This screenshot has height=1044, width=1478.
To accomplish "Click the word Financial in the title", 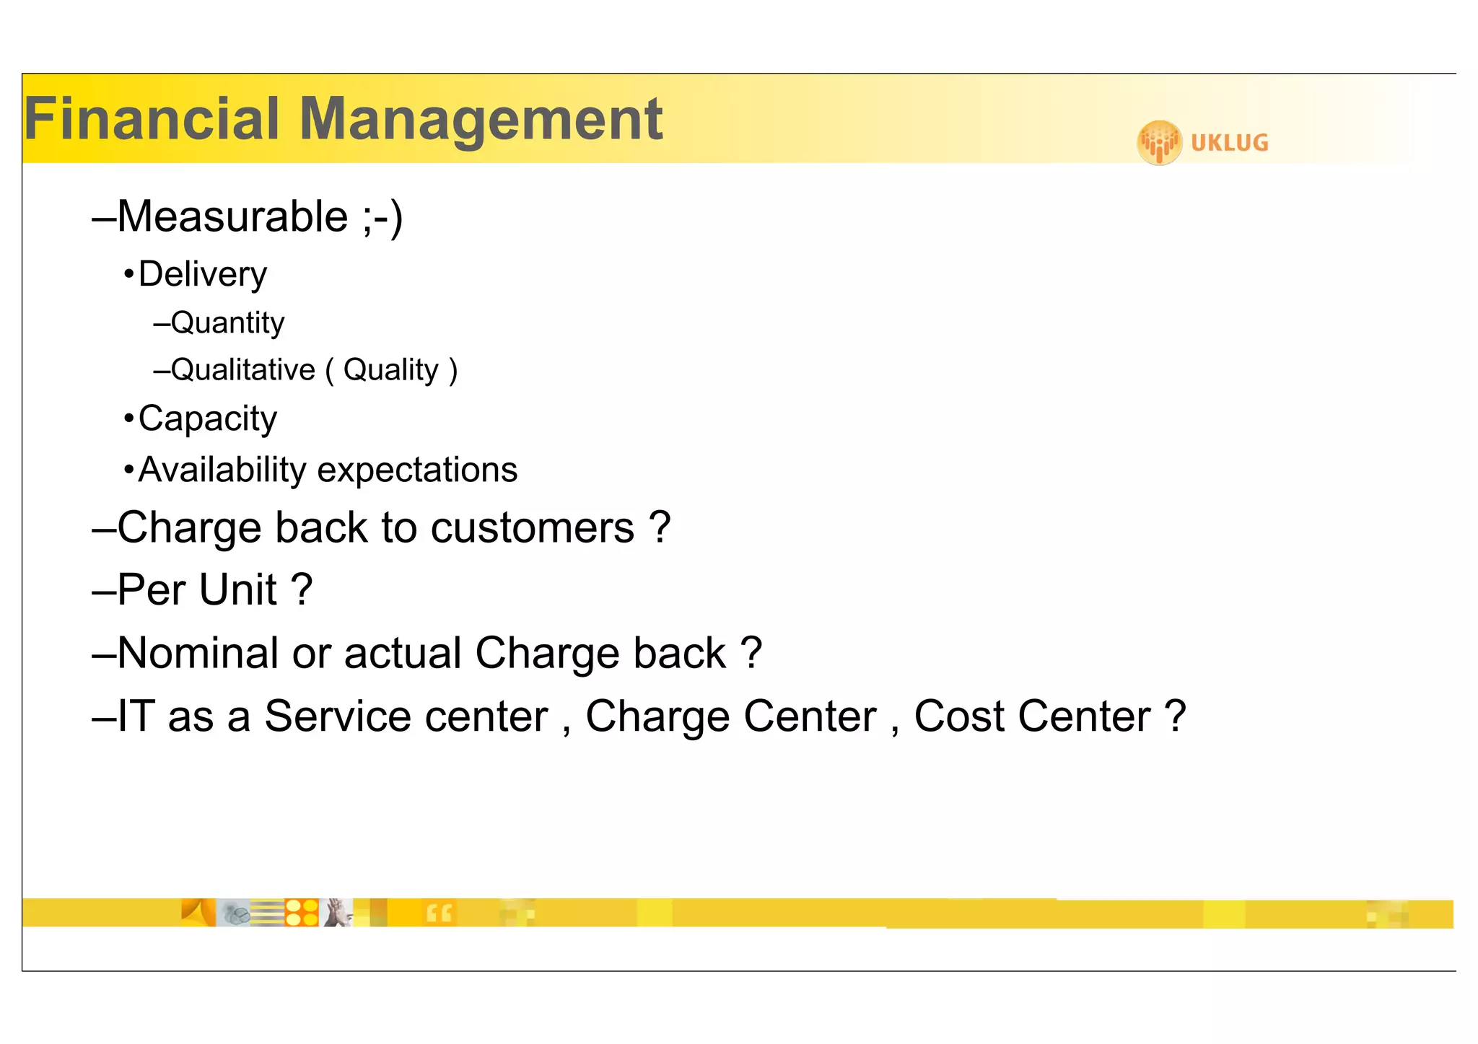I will tap(152, 119).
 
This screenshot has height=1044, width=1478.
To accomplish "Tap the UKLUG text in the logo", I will tap(1229, 143).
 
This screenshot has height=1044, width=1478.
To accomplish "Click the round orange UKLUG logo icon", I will tap(1159, 142).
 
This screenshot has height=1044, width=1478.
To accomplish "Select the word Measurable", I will tap(232, 216).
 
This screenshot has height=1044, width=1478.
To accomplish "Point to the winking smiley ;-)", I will tap(382, 216).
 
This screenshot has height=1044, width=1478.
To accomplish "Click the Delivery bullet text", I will tap(202, 275).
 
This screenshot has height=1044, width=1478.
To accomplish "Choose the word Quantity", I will tap(227, 323).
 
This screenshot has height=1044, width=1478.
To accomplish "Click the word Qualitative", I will tap(242, 370).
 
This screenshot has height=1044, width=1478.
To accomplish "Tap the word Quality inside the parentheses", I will tap(390, 370).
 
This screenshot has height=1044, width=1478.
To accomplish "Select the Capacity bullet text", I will tap(207, 419).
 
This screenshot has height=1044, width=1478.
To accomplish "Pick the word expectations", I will tap(417, 470).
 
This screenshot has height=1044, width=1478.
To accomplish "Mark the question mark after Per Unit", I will tap(302, 589).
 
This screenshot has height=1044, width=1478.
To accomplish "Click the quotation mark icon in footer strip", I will tap(439, 913).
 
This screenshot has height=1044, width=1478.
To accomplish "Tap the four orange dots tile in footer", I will tap(302, 913).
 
